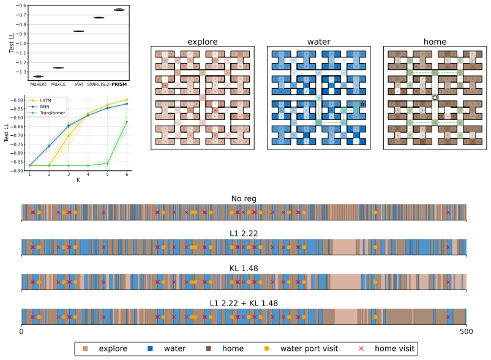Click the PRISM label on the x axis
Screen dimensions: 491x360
(x=119, y=84)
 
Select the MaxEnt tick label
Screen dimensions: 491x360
(x=38, y=84)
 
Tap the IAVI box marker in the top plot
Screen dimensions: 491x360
(x=78, y=31)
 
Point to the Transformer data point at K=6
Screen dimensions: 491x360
(x=127, y=122)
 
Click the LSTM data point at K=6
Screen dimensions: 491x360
(x=127, y=100)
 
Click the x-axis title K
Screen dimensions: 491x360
(x=78, y=179)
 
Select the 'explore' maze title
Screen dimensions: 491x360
(x=203, y=42)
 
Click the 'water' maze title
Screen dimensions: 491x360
(x=319, y=42)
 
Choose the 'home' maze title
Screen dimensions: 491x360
(x=435, y=42)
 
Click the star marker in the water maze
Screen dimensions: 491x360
(x=362, y=104)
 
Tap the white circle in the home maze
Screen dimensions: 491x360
(x=435, y=98)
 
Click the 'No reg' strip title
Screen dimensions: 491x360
(x=244, y=199)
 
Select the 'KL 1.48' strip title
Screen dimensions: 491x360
(x=244, y=269)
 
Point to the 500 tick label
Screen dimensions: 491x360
(x=467, y=331)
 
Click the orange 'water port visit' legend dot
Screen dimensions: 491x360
(x=267, y=348)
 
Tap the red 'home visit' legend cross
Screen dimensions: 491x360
(x=361, y=348)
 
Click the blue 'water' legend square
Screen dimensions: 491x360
(x=151, y=348)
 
